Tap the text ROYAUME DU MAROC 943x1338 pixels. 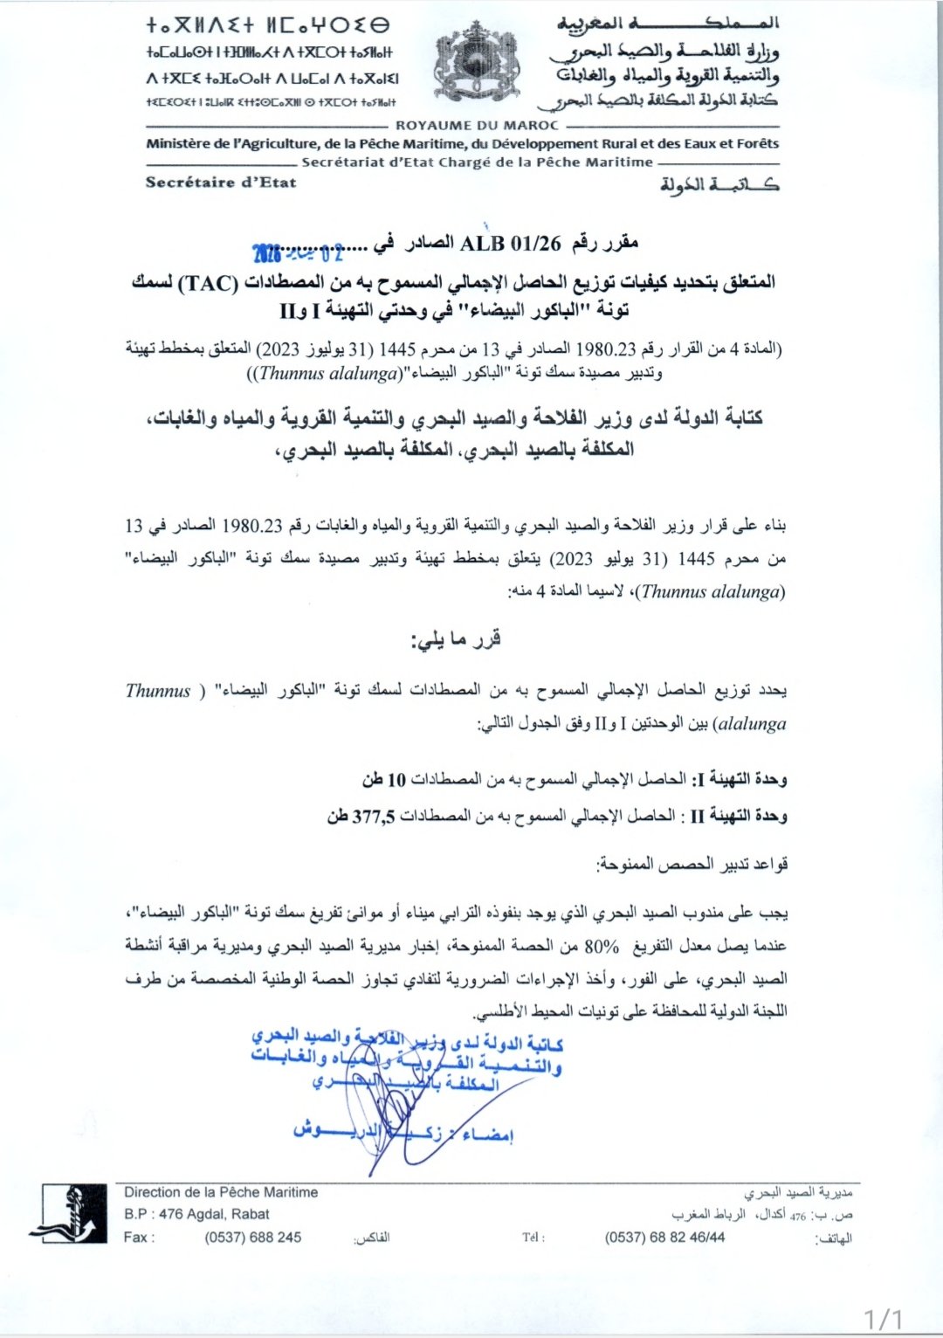point(477,125)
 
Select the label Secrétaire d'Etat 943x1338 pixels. point(221,183)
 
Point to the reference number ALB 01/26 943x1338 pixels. point(510,243)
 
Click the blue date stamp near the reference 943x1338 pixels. point(298,253)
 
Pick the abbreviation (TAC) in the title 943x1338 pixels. point(207,283)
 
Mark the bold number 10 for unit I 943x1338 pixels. point(396,779)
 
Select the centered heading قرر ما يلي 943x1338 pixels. point(456,639)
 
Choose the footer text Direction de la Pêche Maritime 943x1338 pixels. point(221,1192)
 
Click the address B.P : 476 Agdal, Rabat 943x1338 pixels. point(196,1214)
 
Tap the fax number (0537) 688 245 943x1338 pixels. point(253,1237)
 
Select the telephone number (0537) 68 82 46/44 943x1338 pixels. point(664,1237)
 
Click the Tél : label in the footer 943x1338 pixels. point(533,1238)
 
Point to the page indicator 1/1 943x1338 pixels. point(883,1318)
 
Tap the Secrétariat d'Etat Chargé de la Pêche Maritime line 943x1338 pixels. point(477,162)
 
